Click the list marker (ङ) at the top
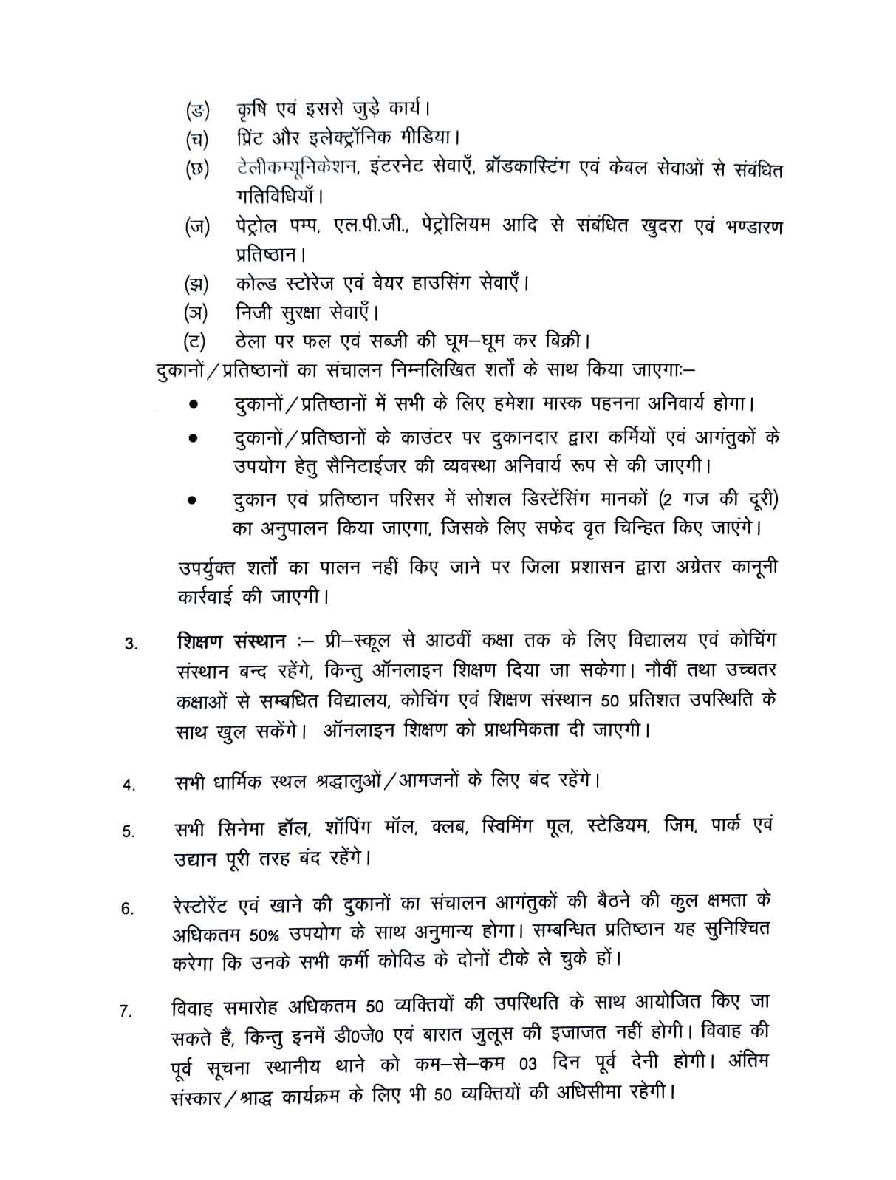pyautogui.click(x=197, y=112)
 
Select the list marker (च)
pyautogui.click(x=197, y=139)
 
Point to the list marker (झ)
pyautogui.click(x=196, y=283)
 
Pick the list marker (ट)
pyautogui.click(x=196, y=341)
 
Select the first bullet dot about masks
pyautogui.click(x=194, y=405)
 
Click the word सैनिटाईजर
pyautogui.click(x=352, y=466)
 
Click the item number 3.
pyautogui.click(x=131, y=644)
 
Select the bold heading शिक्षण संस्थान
pyautogui.click(x=231, y=640)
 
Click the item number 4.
pyautogui.click(x=129, y=785)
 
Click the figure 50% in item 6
pyautogui.click(x=264, y=934)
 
